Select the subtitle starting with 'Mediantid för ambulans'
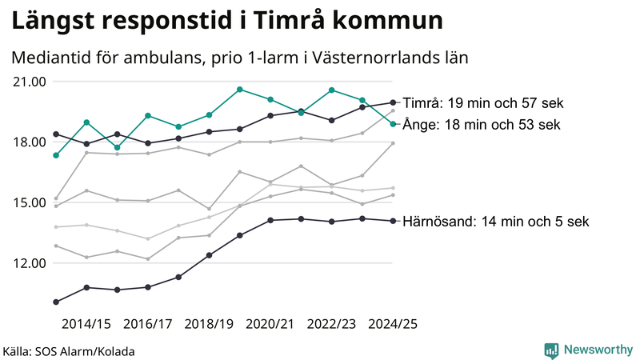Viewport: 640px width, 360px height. click(239, 58)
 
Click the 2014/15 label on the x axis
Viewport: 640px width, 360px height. click(86, 324)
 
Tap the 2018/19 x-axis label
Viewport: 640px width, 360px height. click(209, 324)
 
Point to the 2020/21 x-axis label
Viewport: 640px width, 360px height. click(270, 324)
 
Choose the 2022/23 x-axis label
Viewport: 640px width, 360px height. click(331, 324)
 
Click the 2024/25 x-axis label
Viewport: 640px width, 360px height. click(393, 324)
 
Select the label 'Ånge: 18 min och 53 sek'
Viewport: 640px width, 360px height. click(481, 125)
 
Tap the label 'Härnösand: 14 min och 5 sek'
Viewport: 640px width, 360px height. click(496, 222)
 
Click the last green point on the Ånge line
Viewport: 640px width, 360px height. click(393, 124)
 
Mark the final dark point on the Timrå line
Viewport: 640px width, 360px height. click(393, 102)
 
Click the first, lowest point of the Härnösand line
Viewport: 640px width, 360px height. click(56, 302)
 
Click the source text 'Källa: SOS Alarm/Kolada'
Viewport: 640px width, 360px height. click(69, 351)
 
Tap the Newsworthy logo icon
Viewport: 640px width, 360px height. click(551, 350)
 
